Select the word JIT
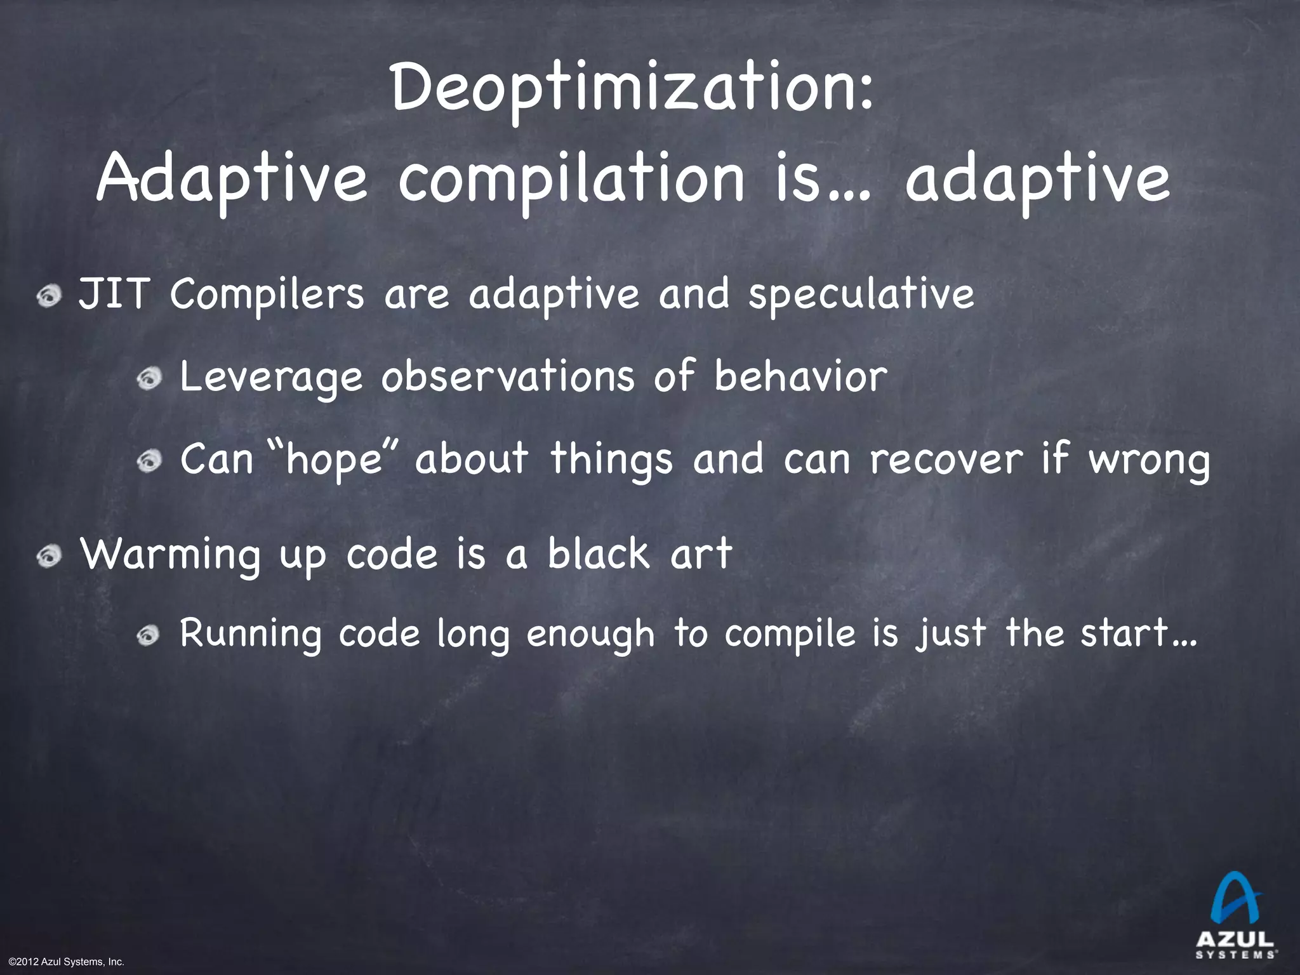114,295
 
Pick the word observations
507,376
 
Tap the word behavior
800,376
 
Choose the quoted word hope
333,460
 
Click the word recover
946,458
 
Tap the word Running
251,634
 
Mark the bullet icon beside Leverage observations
150,379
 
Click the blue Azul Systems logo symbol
1235,905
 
